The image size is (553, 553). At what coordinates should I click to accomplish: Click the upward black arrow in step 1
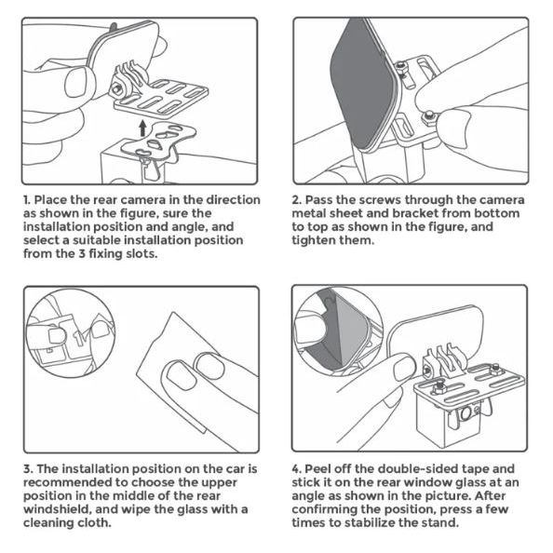tap(142, 128)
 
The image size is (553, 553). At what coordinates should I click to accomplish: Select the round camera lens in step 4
tap(465, 413)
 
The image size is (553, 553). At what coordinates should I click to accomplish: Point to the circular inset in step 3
tap(72, 333)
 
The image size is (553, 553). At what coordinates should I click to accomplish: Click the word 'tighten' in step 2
tap(314, 240)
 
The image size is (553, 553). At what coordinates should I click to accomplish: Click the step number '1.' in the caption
tap(27, 200)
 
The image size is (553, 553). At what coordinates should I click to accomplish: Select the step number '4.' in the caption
tap(296, 469)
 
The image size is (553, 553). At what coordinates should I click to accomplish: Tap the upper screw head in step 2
tap(401, 66)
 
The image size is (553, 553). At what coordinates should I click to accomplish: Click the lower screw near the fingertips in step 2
tap(428, 116)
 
